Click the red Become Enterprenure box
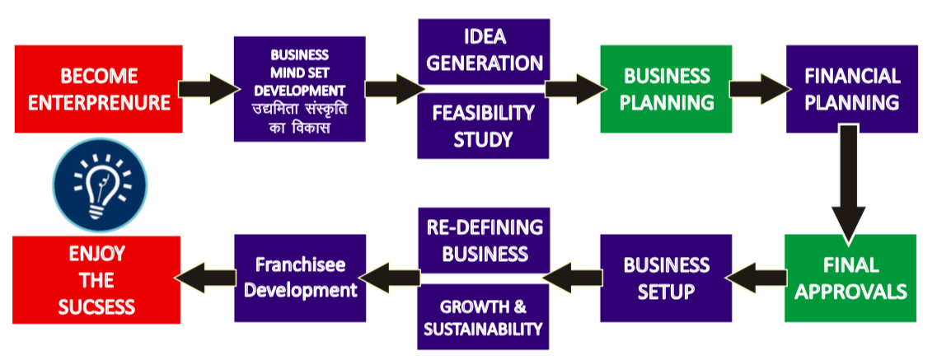pos(98,89)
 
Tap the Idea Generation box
pos(483,50)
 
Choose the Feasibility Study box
pos(483,124)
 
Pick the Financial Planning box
pos(851,89)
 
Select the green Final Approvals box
pos(850,278)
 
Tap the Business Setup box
pos(666,278)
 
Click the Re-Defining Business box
pos(483,240)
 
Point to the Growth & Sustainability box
pos(483,318)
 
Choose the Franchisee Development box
pos(300,278)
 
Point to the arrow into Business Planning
pos(574,86)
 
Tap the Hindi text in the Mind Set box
pos(299,119)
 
